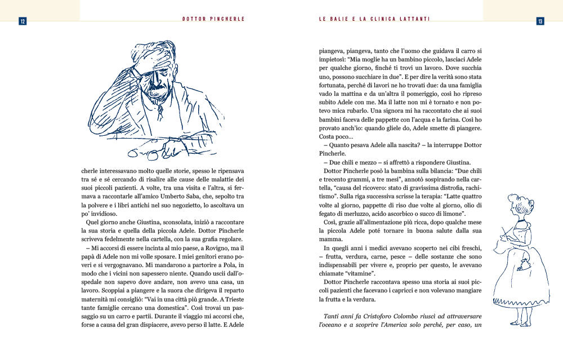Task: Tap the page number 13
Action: click(x=540, y=21)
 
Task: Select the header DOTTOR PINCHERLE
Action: click(x=213, y=19)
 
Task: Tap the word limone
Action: click(x=449, y=214)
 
